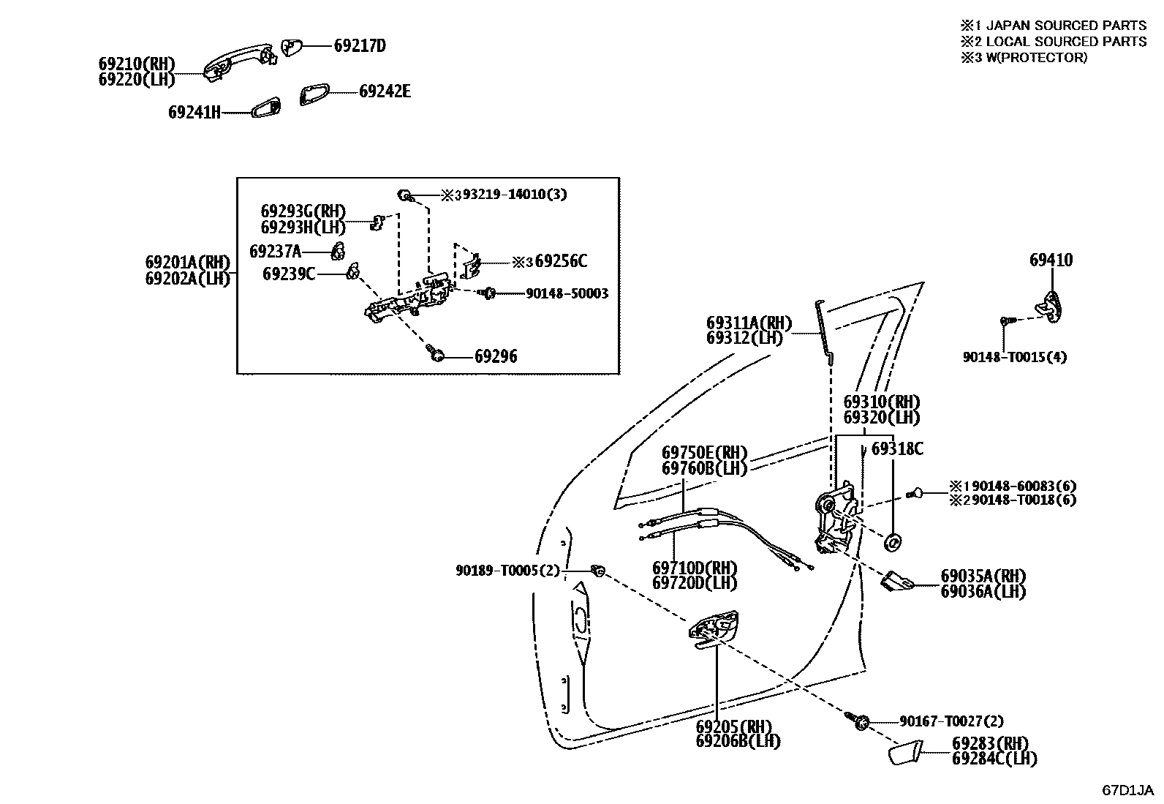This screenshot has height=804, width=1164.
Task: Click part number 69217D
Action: click(x=359, y=45)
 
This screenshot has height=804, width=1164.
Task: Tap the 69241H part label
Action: click(x=194, y=112)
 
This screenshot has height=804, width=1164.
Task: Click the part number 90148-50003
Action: click(x=567, y=293)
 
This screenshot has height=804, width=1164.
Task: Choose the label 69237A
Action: click(x=275, y=252)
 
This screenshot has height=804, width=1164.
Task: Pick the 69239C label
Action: click(x=289, y=274)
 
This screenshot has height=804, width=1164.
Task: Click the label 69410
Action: click(x=1051, y=260)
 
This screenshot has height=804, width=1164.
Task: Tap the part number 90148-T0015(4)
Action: click(x=1014, y=357)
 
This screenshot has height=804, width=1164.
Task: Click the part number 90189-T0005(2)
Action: click(x=507, y=570)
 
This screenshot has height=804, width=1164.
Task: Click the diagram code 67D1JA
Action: click(x=1127, y=790)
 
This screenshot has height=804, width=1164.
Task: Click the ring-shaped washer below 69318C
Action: click(x=893, y=543)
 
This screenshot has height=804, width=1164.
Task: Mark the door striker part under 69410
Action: click(x=1051, y=303)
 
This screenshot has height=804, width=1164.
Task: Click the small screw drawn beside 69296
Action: click(x=437, y=356)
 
